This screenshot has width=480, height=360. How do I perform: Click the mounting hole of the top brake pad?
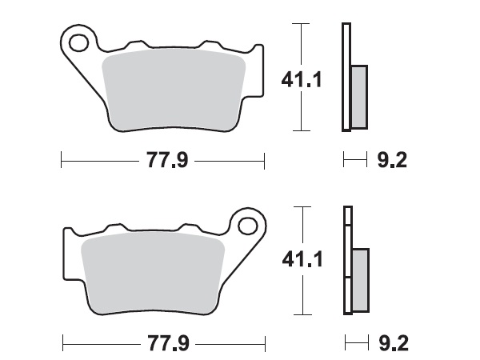[x=78, y=41]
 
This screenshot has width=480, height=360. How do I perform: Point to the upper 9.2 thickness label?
[x=391, y=161]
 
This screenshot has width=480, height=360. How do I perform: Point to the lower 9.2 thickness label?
[x=391, y=344]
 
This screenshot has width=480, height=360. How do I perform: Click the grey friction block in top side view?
[x=358, y=96]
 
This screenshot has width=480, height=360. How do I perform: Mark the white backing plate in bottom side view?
[x=346, y=232]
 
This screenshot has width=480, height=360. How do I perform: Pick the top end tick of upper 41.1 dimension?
[x=300, y=24]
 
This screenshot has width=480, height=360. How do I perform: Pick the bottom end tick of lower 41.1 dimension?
[x=300, y=314]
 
